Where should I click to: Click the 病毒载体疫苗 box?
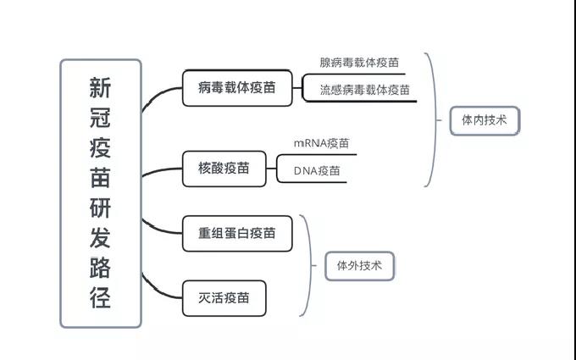click(236, 87)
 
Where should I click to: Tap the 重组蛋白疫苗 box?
click(237, 233)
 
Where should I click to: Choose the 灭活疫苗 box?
click(224, 297)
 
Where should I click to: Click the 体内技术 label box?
click(484, 120)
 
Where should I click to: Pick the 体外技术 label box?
click(359, 266)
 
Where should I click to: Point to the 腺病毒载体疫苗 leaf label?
click(359, 63)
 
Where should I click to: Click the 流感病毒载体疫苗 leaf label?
click(364, 90)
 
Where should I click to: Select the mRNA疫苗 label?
click(321, 144)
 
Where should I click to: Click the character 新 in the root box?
click(100, 87)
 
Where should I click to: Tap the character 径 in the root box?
click(100, 298)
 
